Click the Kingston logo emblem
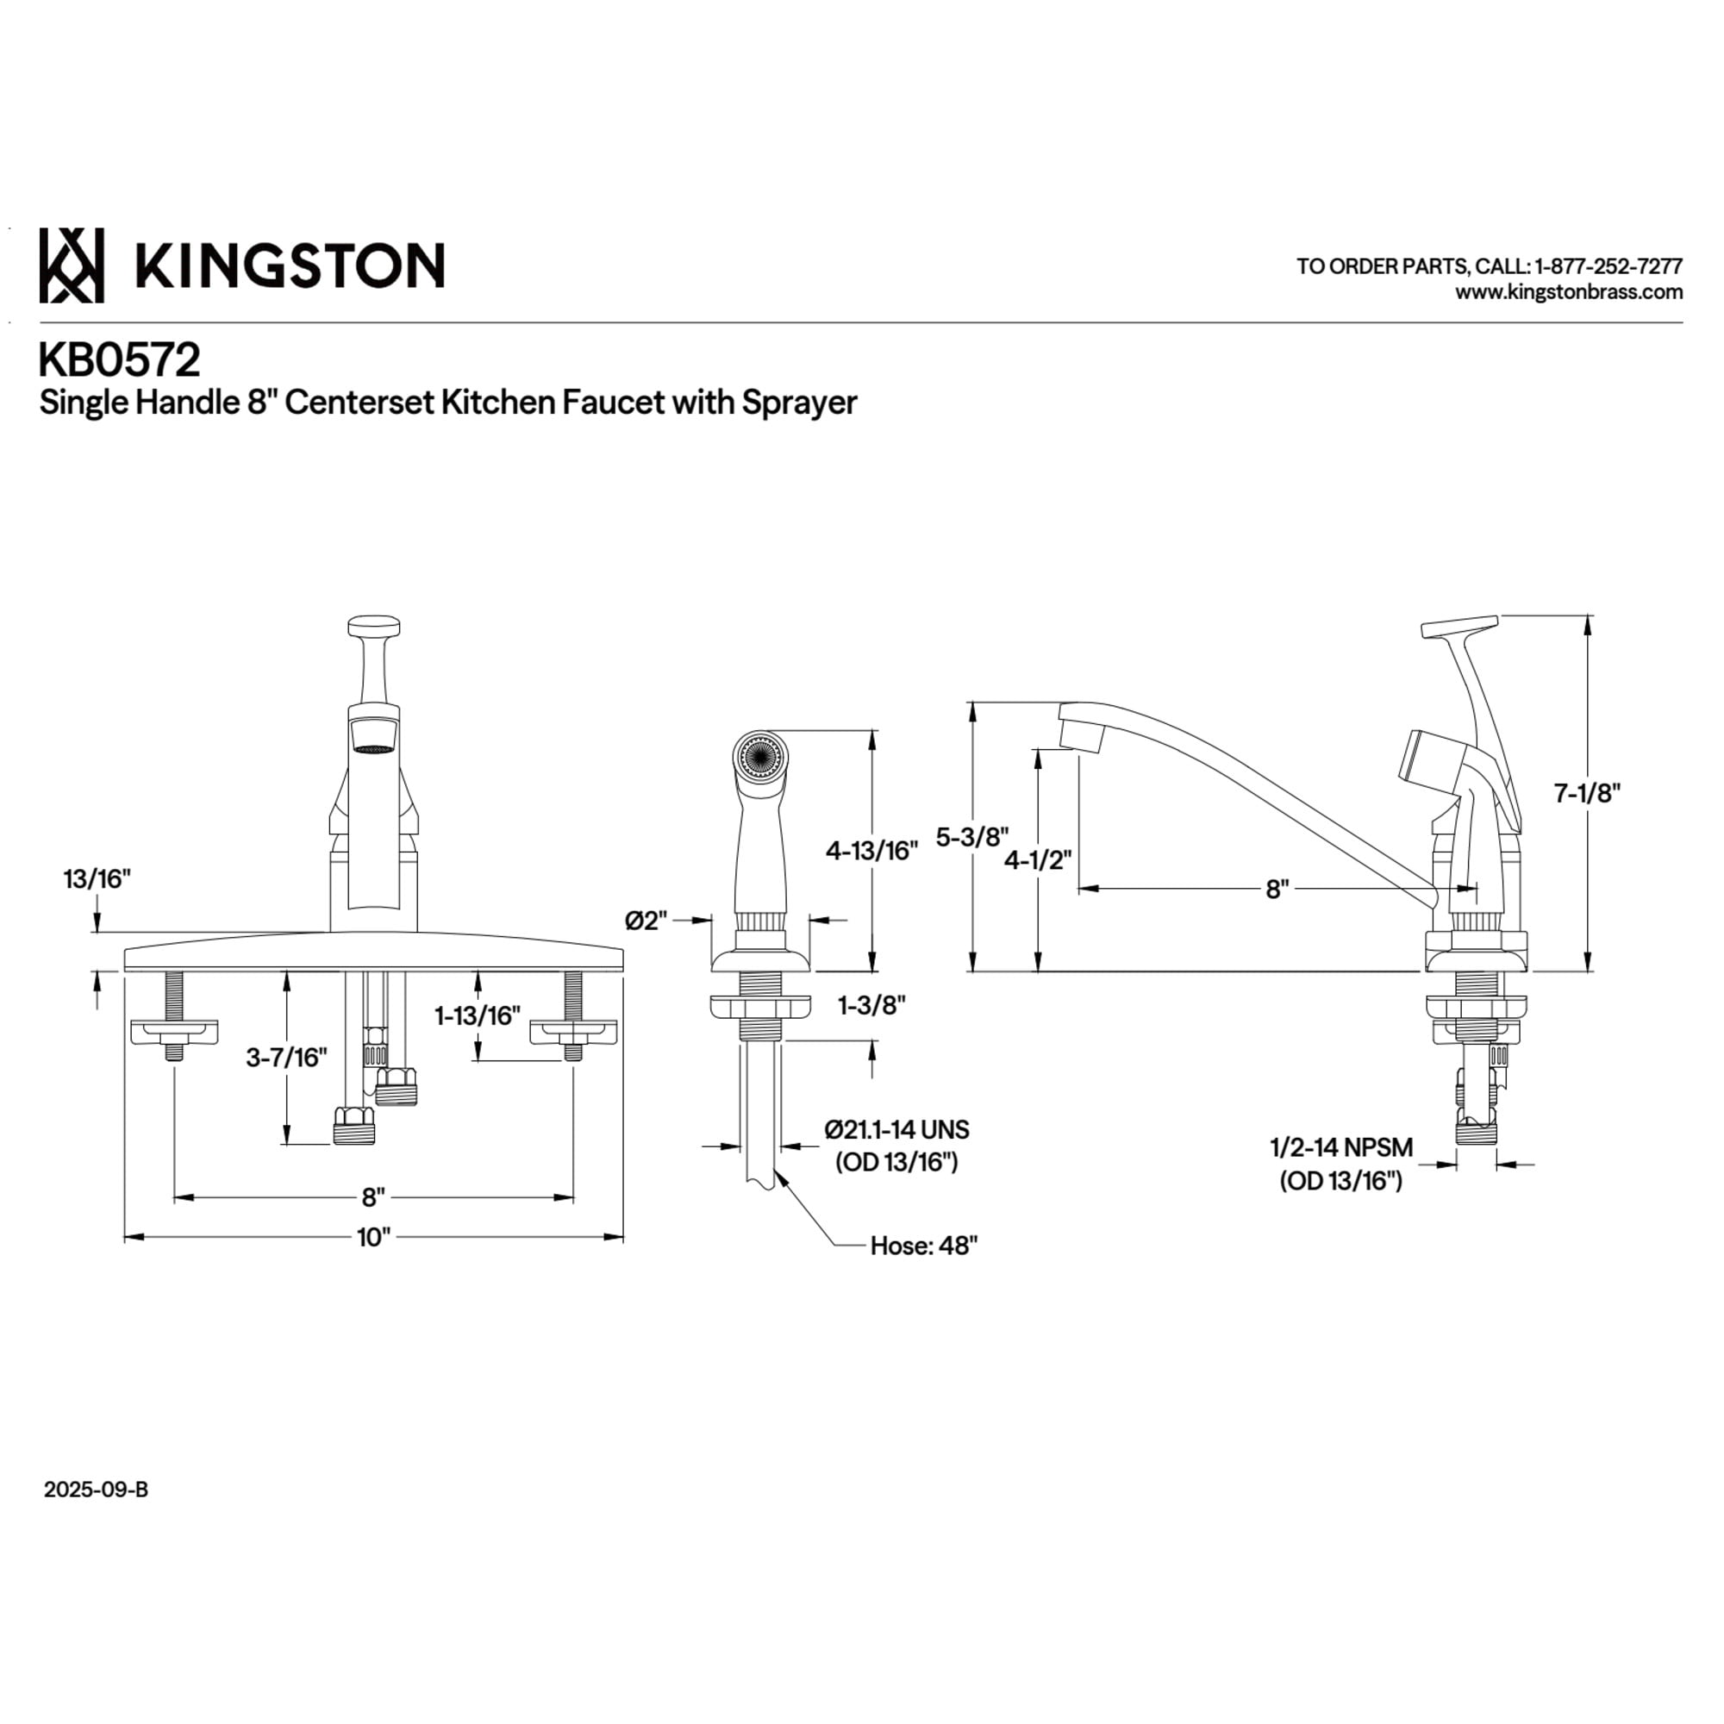point(72,265)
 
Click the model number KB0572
point(120,361)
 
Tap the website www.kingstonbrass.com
point(1569,292)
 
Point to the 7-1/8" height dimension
point(1587,792)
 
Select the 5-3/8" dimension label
point(971,837)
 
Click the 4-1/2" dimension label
point(1038,861)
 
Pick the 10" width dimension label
point(374,1238)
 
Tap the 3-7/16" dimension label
point(286,1058)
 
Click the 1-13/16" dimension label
point(478,1015)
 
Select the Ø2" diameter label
point(647,920)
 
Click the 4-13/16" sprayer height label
point(871,851)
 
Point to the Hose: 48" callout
point(923,1246)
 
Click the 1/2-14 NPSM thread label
point(1341,1146)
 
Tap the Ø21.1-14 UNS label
point(896,1130)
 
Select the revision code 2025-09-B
point(97,1490)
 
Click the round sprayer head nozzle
point(759,759)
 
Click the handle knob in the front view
point(373,625)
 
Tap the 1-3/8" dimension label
point(871,1006)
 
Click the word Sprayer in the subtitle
point(799,403)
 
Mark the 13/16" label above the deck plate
point(97,879)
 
